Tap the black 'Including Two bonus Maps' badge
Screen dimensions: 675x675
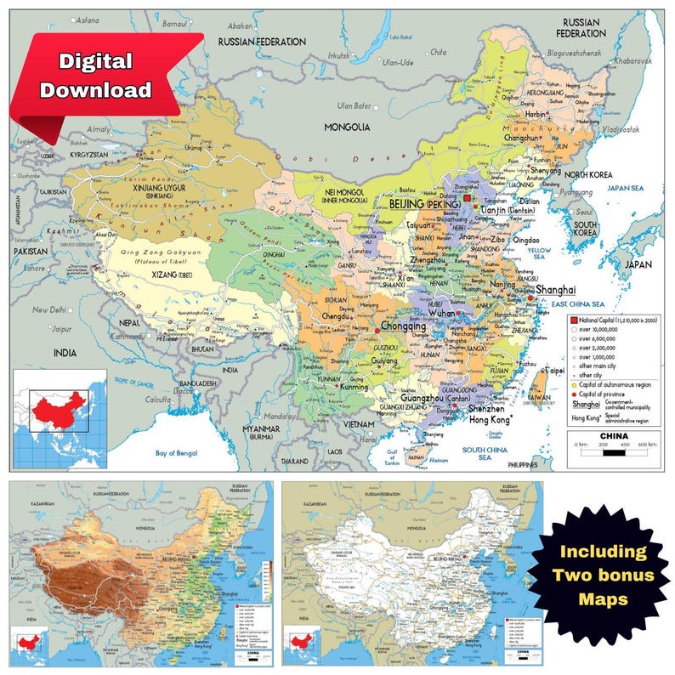[x=603, y=575]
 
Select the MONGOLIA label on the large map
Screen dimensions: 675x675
[x=347, y=127]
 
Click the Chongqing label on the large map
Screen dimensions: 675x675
[x=403, y=326]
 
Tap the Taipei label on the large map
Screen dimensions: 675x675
[x=553, y=372]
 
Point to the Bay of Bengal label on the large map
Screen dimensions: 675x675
[x=182, y=453]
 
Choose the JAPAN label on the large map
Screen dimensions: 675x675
[x=638, y=264]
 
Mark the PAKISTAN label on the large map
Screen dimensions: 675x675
[x=31, y=252]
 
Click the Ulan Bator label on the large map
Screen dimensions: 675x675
[x=356, y=105]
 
